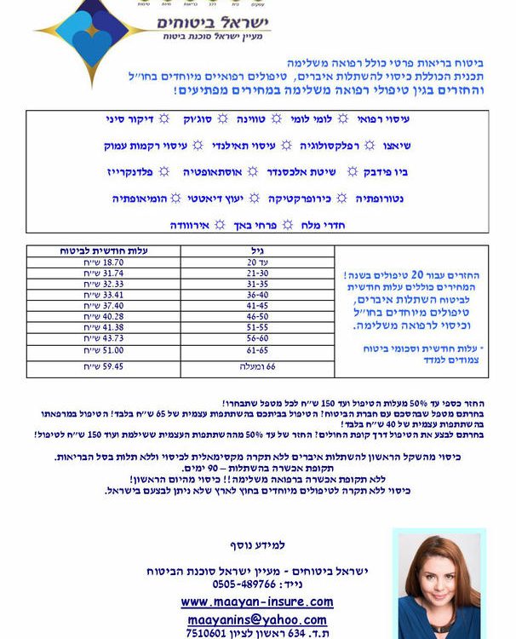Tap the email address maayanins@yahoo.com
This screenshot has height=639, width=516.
[256, 619]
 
